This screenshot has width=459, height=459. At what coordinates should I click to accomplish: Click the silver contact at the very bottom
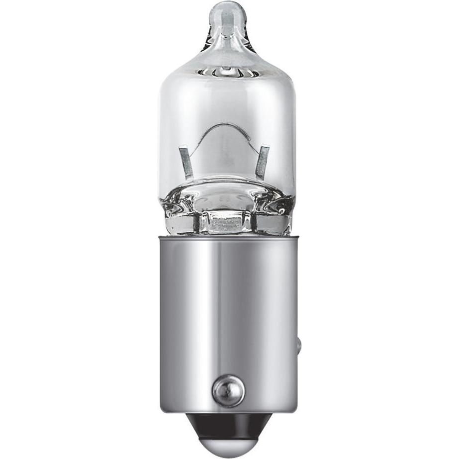click(228, 445)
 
